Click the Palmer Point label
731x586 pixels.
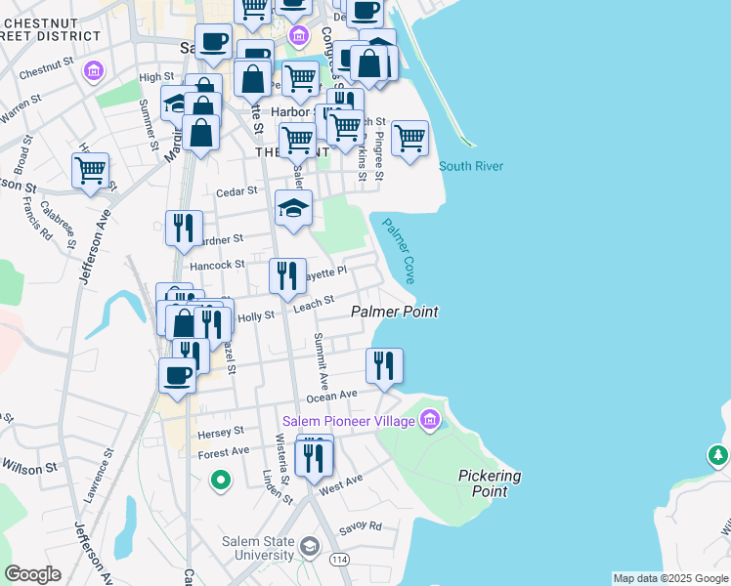(x=394, y=312)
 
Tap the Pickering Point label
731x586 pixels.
(x=489, y=483)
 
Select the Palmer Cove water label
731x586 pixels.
(x=399, y=251)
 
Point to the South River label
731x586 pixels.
(x=471, y=166)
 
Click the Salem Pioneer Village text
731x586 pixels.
(x=349, y=421)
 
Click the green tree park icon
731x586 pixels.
(x=718, y=455)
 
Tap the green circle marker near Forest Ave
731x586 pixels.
(x=221, y=480)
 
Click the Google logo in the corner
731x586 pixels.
(x=32, y=573)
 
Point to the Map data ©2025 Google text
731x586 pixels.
(x=669, y=578)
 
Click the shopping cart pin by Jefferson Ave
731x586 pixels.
(x=90, y=170)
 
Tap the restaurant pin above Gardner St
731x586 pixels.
(x=184, y=229)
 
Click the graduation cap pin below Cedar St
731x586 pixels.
(x=293, y=208)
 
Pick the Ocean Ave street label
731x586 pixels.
(x=332, y=397)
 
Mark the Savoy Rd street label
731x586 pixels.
(x=362, y=525)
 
